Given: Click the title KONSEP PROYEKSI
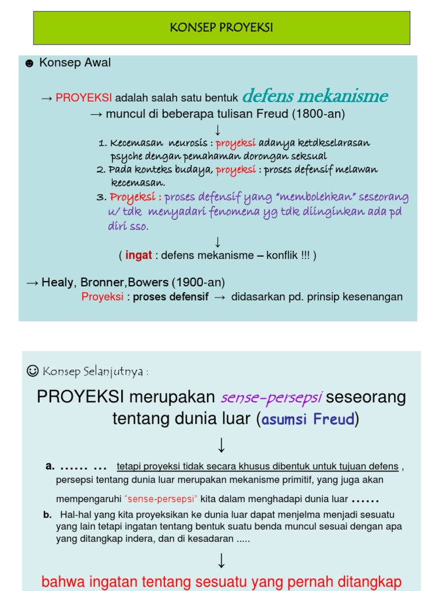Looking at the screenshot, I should point(221,28).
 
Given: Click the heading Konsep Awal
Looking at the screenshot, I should point(75,63).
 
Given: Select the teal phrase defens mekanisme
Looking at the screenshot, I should point(315,95).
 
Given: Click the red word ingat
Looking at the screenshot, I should point(138,255).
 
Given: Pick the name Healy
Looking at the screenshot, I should point(58,282).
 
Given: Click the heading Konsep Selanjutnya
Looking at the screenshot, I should point(95,371).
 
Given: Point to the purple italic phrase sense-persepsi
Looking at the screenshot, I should point(272,398).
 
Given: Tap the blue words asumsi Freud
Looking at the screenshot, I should point(308,420).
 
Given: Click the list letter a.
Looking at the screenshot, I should point(50,466).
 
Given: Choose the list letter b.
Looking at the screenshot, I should point(47,514).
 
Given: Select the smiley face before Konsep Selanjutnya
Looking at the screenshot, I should point(32,371).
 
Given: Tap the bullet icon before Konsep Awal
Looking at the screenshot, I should point(29,63).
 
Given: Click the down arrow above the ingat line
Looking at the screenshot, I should point(218,241).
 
